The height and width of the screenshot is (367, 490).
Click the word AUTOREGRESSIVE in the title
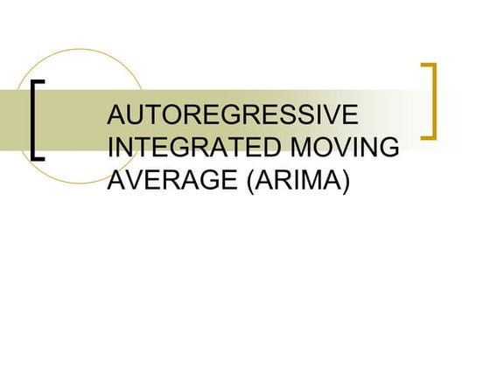click(x=231, y=116)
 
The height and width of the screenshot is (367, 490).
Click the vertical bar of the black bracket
click(x=33, y=121)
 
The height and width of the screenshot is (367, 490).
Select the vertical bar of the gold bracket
click(x=434, y=100)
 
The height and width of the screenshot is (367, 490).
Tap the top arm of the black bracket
click(x=39, y=82)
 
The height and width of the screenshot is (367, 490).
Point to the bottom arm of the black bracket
click(x=39, y=159)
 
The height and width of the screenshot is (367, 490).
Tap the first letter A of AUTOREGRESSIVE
click(x=115, y=116)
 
